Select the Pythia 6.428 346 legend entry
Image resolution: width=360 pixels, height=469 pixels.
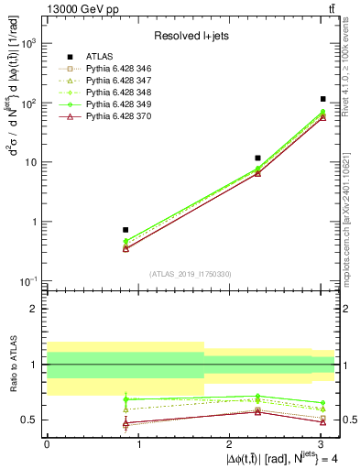115,69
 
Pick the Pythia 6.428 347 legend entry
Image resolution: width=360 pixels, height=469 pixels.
115,82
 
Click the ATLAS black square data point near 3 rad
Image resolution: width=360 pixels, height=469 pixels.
323,99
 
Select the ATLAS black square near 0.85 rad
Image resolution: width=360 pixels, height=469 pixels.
125,230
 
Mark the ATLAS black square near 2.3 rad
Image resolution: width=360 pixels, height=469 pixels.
257,158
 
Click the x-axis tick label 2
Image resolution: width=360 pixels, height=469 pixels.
230,444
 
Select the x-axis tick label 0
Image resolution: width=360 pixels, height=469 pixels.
47,444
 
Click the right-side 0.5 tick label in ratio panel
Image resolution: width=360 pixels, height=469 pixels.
348,420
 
